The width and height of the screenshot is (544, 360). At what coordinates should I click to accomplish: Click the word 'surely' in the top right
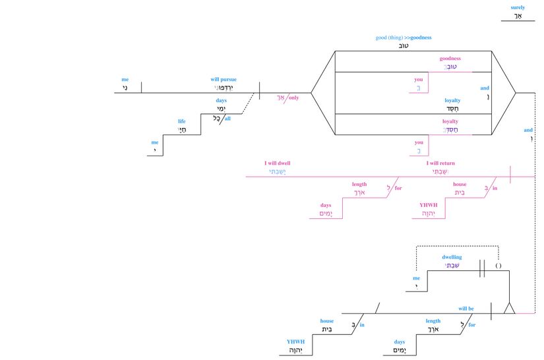[x=518, y=8]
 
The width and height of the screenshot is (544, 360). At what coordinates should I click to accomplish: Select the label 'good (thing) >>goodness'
[x=404, y=38]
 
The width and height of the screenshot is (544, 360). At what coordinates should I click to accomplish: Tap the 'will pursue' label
[x=224, y=79]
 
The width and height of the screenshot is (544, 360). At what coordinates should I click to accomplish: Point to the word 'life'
[x=182, y=121]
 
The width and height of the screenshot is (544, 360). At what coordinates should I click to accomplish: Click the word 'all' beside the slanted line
[x=227, y=119]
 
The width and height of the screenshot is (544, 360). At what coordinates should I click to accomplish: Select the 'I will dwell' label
[x=277, y=163]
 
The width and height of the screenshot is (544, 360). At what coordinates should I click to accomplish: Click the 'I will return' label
[x=440, y=163]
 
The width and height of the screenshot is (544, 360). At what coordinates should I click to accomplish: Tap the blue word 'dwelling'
[x=452, y=257]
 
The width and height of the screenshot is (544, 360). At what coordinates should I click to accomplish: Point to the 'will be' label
[x=467, y=308]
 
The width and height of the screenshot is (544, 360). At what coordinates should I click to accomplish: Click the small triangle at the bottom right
[x=509, y=309]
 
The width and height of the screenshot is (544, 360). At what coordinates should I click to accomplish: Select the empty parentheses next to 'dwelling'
[x=499, y=266]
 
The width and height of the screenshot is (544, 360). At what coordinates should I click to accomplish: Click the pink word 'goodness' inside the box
[x=450, y=59]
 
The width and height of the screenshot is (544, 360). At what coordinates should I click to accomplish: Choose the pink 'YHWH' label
[x=429, y=205]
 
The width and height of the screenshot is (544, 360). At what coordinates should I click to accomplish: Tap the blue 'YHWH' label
[x=295, y=342]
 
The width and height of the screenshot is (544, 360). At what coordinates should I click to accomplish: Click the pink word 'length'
[x=359, y=185]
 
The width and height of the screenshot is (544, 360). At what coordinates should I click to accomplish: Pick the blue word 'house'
[x=327, y=321]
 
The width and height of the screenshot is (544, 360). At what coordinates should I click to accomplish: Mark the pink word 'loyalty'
[x=450, y=121]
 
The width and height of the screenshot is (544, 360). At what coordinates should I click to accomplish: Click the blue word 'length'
[x=433, y=321]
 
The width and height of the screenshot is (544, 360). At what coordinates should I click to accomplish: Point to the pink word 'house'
[x=460, y=185]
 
